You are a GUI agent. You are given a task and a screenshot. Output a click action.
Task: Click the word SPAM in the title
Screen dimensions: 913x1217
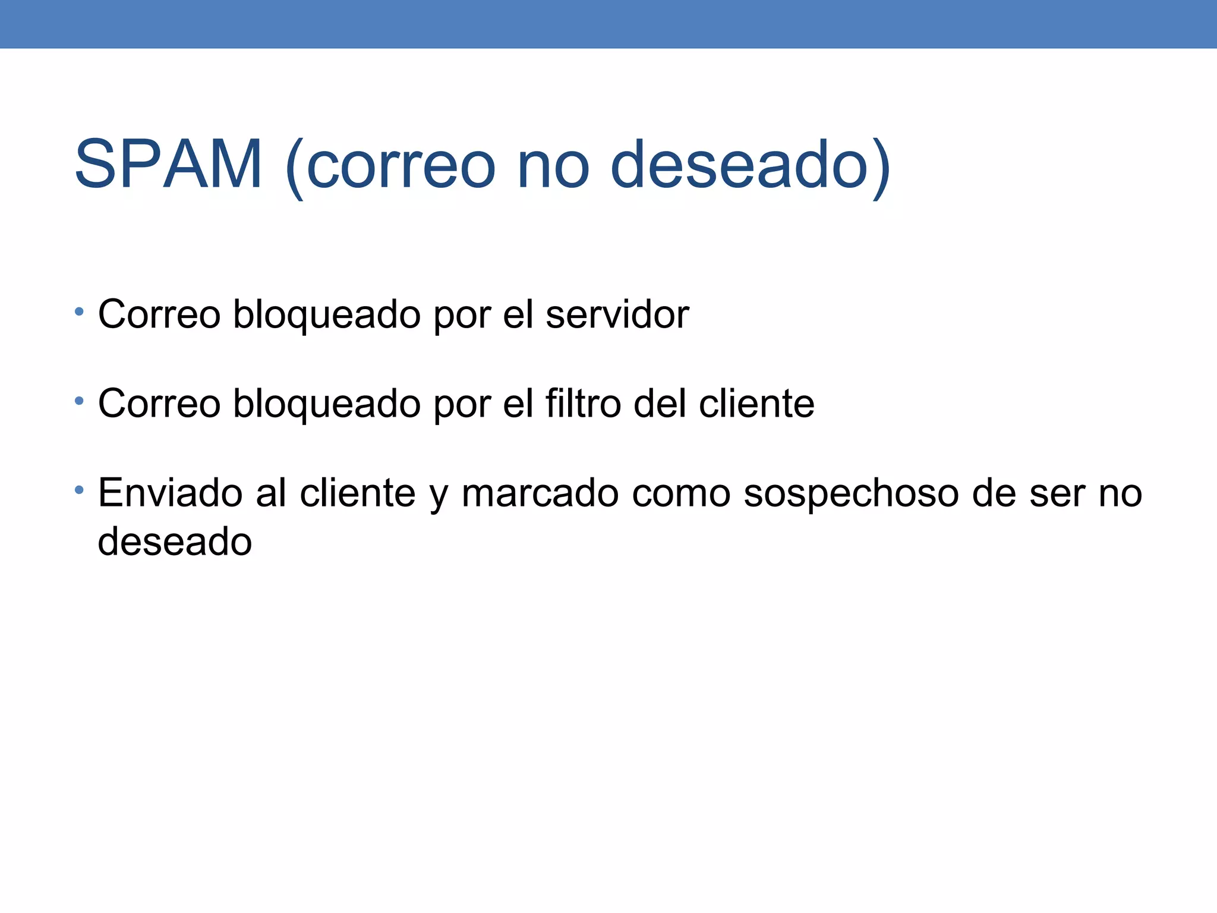(x=168, y=164)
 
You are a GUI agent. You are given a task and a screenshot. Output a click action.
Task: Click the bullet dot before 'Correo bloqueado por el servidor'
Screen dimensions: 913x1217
(x=79, y=311)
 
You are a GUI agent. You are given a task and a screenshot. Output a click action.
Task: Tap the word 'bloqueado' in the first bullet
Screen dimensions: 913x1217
(x=327, y=315)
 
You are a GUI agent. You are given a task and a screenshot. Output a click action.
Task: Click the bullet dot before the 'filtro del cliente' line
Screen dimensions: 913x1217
(x=79, y=401)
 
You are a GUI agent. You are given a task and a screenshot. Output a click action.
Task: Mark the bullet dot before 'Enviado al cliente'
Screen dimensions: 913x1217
(x=79, y=490)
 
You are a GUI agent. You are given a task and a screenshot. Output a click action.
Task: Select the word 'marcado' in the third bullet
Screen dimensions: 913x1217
(x=540, y=493)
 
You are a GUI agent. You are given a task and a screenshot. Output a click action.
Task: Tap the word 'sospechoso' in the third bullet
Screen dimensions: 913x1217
(x=851, y=495)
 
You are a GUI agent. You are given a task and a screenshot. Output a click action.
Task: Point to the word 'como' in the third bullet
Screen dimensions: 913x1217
(x=680, y=495)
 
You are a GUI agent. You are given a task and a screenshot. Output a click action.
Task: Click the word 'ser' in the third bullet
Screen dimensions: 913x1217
(x=1057, y=495)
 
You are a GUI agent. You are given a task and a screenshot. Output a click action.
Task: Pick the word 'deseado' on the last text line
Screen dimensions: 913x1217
(x=175, y=542)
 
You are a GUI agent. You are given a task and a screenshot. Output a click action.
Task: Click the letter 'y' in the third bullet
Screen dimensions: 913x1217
(x=438, y=497)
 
